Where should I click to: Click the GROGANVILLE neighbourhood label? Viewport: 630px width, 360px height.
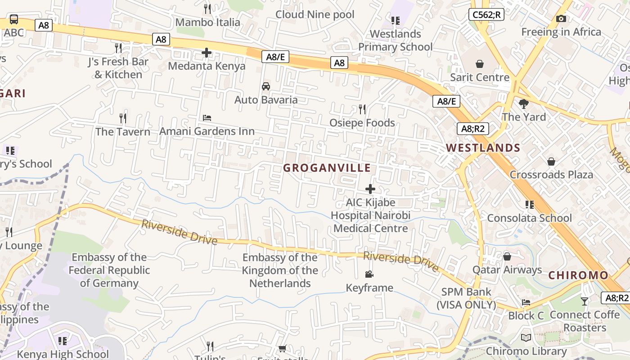coord(327,168)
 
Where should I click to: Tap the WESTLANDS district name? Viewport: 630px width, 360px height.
coord(483,148)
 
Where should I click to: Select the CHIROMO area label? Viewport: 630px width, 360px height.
coord(578,275)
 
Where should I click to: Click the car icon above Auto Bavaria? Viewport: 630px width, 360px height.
coord(266,86)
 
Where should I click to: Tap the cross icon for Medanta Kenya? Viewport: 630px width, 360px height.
coord(207,53)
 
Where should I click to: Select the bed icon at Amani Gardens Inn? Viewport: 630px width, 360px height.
coord(207,118)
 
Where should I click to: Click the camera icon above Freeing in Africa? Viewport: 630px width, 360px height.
coord(561,19)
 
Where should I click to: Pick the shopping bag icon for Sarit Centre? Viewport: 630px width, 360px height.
coord(480,64)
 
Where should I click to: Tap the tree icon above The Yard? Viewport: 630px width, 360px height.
coord(523,104)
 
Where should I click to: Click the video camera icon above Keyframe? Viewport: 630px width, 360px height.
coord(369,274)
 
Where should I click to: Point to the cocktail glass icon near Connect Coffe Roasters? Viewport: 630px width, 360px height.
coord(585,301)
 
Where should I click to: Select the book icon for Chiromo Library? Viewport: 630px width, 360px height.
coord(526,338)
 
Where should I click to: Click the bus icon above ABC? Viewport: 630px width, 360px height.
coord(14,19)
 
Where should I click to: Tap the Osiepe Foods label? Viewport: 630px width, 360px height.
coord(362,123)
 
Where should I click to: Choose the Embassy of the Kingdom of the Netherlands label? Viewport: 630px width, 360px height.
coord(280,270)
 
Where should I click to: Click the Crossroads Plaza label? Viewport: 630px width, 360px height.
coord(551,175)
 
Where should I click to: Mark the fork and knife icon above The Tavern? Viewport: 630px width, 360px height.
coord(123,118)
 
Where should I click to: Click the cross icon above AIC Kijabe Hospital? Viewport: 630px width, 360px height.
coord(370,189)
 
